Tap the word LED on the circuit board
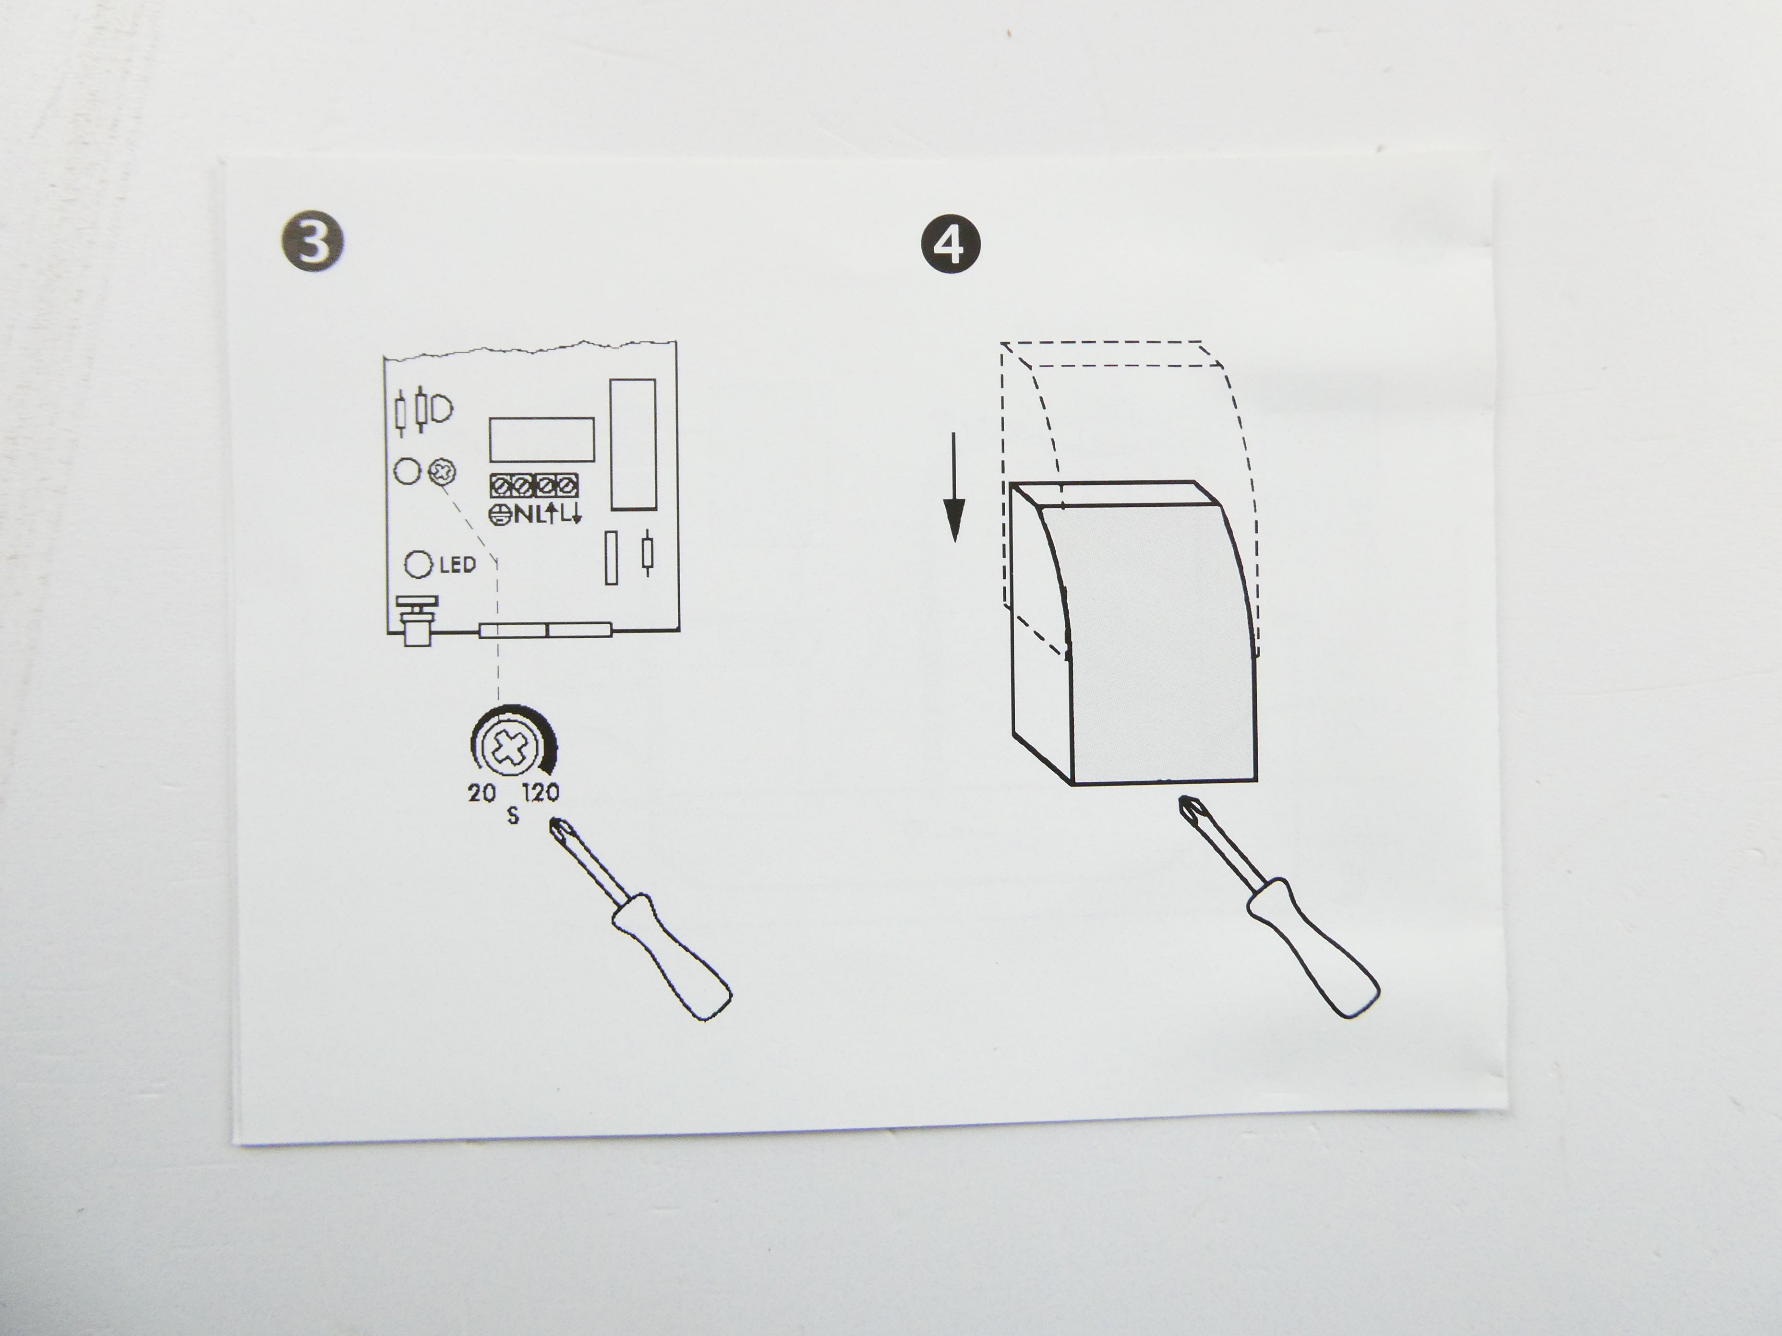[x=458, y=564]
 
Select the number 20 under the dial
[x=482, y=793]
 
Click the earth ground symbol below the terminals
[x=499, y=514]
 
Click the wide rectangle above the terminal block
[x=542, y=439]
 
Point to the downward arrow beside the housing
[x=954, y=487]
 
